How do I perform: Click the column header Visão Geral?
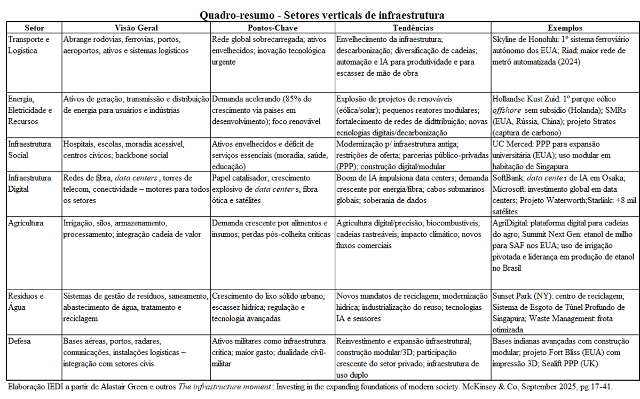[136, 28]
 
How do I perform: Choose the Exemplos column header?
[565, 28]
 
